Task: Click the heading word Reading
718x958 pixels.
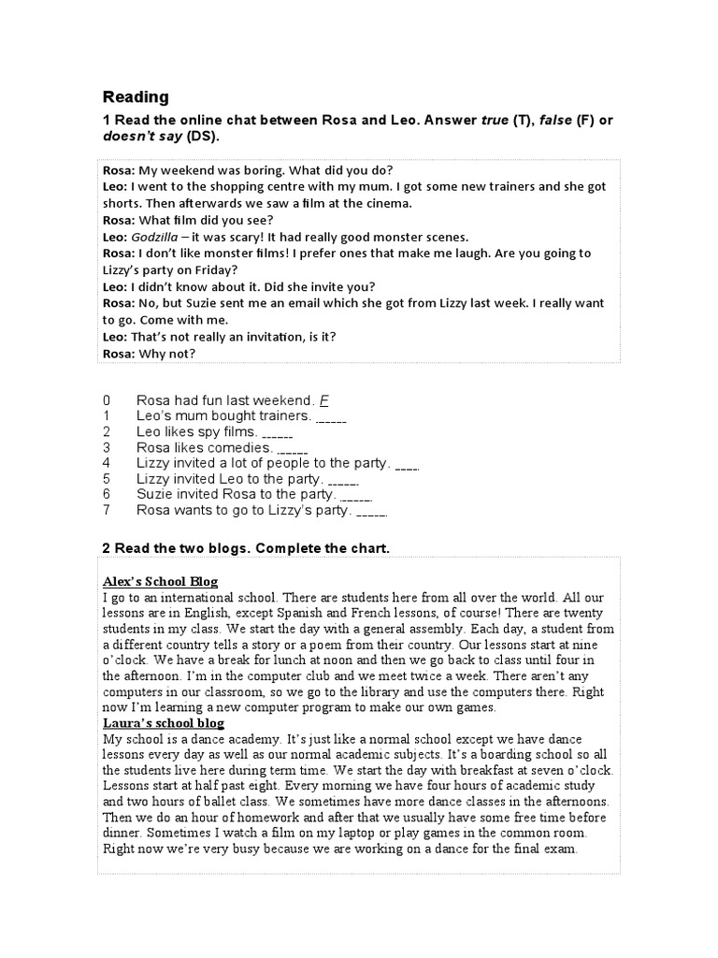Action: click(136, 97)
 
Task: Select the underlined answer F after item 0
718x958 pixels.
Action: click(324, 400)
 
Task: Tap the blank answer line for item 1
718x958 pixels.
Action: click(332, 416)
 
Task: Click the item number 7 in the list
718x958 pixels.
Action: click(108, 510)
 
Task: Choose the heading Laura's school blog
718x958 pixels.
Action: click(164, 723)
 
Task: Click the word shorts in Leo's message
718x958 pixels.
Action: click(122, 203)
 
